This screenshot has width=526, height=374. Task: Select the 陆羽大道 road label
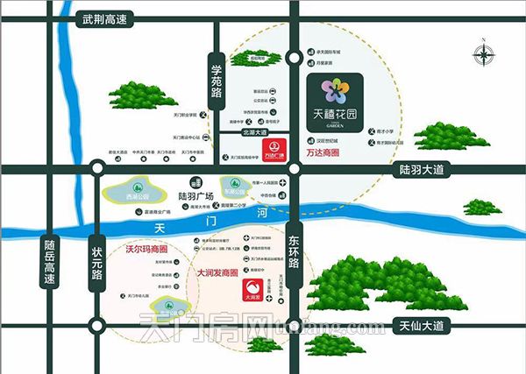click(x=423, y=167)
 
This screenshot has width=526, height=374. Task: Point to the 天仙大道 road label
click(x=420, y=327)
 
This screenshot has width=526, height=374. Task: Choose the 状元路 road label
click(x=96, y=260)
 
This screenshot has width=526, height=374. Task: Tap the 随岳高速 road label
click(x=50, y=263)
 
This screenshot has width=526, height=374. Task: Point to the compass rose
click(x=483, y=54)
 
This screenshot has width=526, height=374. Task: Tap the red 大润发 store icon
click(x=254, y=289)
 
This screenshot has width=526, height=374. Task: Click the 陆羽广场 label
click(x=197, y=196)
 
